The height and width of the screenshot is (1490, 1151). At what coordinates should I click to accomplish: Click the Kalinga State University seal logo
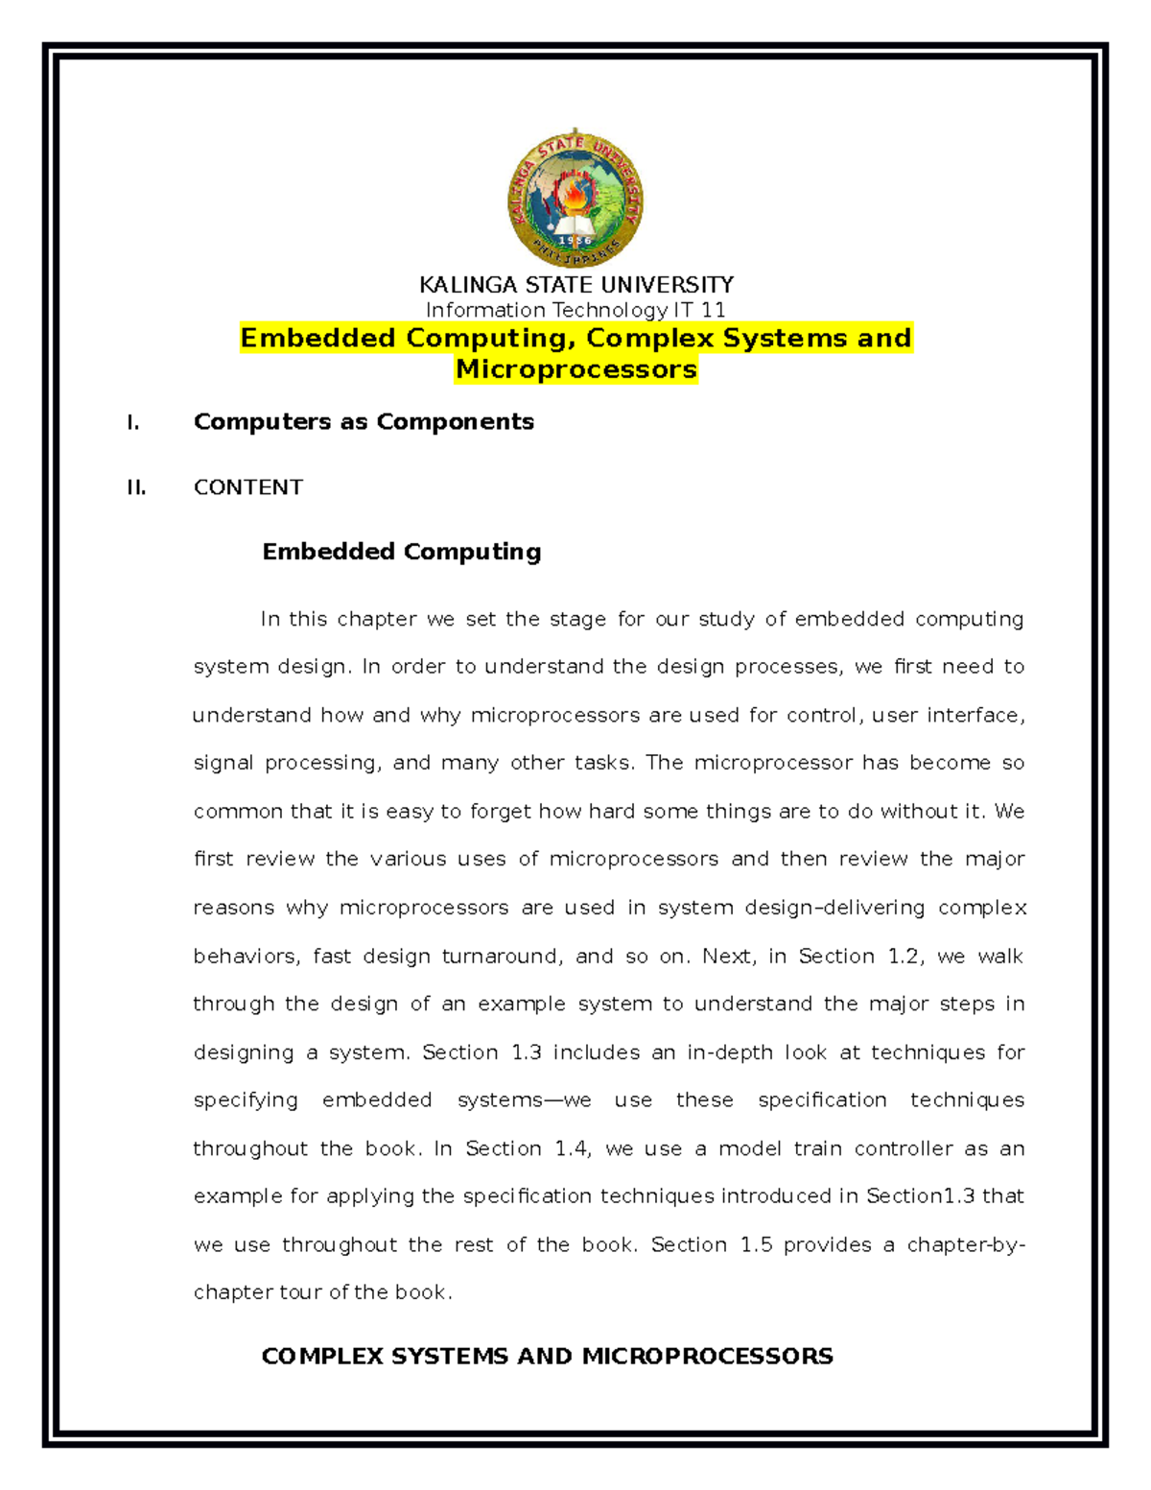coord(575,200)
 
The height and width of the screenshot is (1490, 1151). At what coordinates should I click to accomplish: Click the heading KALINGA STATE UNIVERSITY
coord(575,285)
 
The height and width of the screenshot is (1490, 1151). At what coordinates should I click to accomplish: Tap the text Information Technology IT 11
coord(575,310)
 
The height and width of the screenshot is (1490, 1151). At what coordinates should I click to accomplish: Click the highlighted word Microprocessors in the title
coord(575,369)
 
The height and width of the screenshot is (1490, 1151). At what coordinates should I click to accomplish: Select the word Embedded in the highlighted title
coord(317,338)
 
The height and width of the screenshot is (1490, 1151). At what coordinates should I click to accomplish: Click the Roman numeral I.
coord(133,422)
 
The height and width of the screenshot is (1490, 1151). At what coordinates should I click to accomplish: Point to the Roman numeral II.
coord(136,487)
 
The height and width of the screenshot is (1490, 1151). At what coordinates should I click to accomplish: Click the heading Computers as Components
coord(364,422)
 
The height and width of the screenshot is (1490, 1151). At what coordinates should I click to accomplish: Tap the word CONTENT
coord(248,487)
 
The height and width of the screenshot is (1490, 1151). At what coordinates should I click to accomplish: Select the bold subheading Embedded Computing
coord(402,552)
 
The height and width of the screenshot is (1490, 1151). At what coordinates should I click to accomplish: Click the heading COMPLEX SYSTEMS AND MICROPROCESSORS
coord(547,1356)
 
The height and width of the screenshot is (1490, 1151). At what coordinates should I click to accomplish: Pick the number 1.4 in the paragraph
coord(572,1148)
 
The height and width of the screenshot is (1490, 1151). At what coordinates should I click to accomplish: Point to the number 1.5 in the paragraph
coord(756,1244)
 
